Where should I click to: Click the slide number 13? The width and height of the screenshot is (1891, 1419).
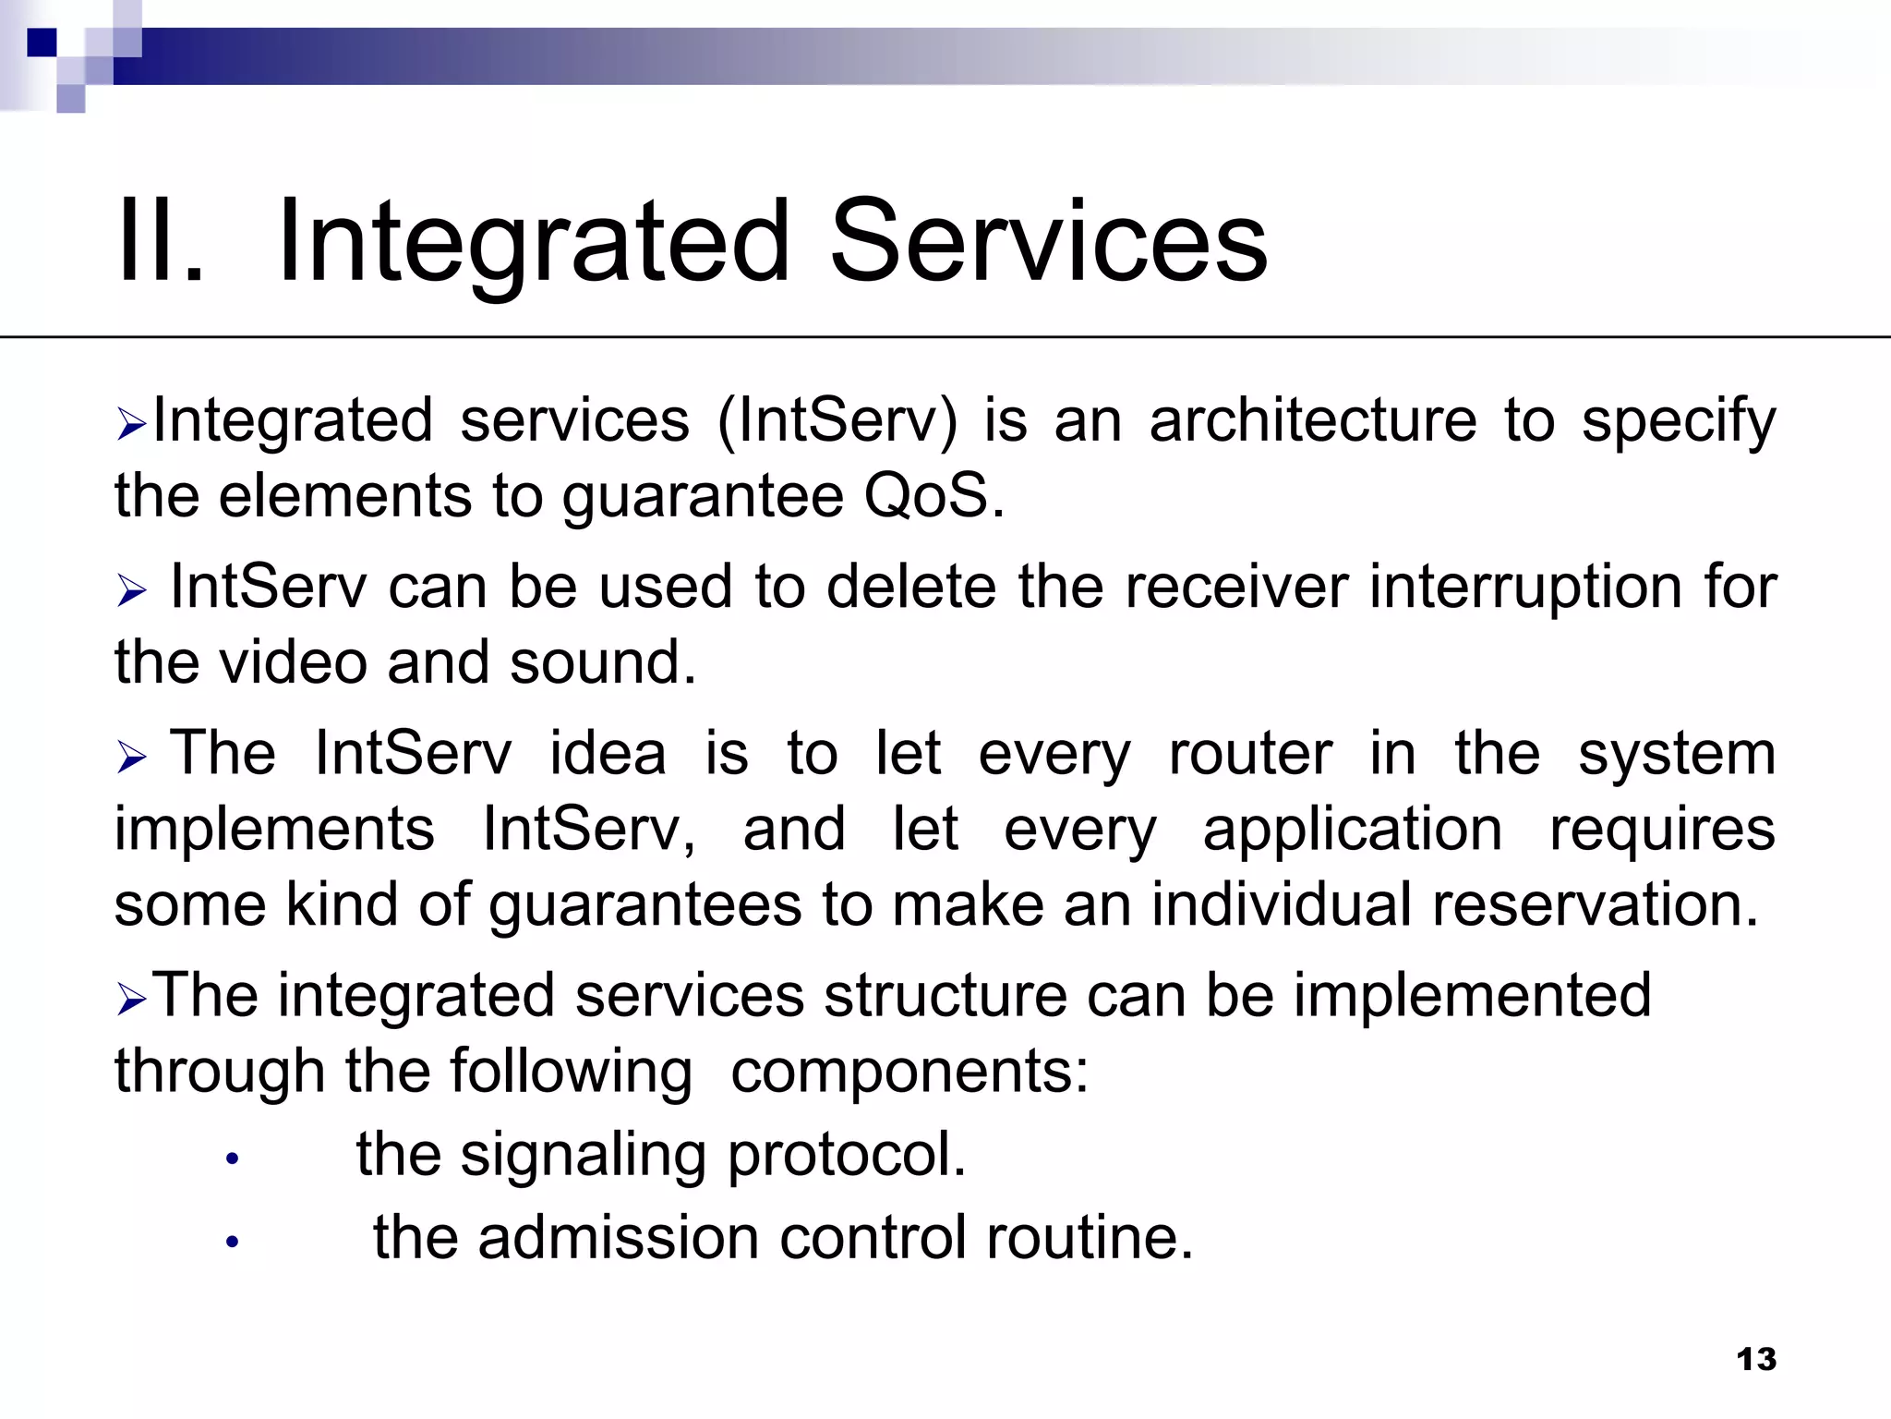[x=1755, y=1359]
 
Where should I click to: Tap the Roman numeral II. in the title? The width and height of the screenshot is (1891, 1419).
[x=159, y=242]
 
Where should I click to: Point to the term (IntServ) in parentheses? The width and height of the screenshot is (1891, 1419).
[x=837, y=421]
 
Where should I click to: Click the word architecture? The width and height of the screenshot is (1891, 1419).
[x=1312, y=421]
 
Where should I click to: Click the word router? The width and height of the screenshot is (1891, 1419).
[x=1250, y=754]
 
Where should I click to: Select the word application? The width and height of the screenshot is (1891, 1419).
[x=1352, y=830]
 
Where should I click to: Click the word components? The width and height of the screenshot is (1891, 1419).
[x=909, y=1072]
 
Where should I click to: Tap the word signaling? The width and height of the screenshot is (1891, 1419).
[x=583, y=1156]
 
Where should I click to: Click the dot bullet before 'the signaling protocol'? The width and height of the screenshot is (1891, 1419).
[x=233, y=1158]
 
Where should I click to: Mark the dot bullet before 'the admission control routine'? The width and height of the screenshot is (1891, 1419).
[x=233, y=1242]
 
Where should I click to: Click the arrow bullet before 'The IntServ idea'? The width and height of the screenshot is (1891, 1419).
[x=132, y=758]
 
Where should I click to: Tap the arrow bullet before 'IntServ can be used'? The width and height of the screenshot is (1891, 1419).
[x=132, y=591]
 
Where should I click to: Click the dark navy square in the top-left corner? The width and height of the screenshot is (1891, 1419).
[x=42, y=42]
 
